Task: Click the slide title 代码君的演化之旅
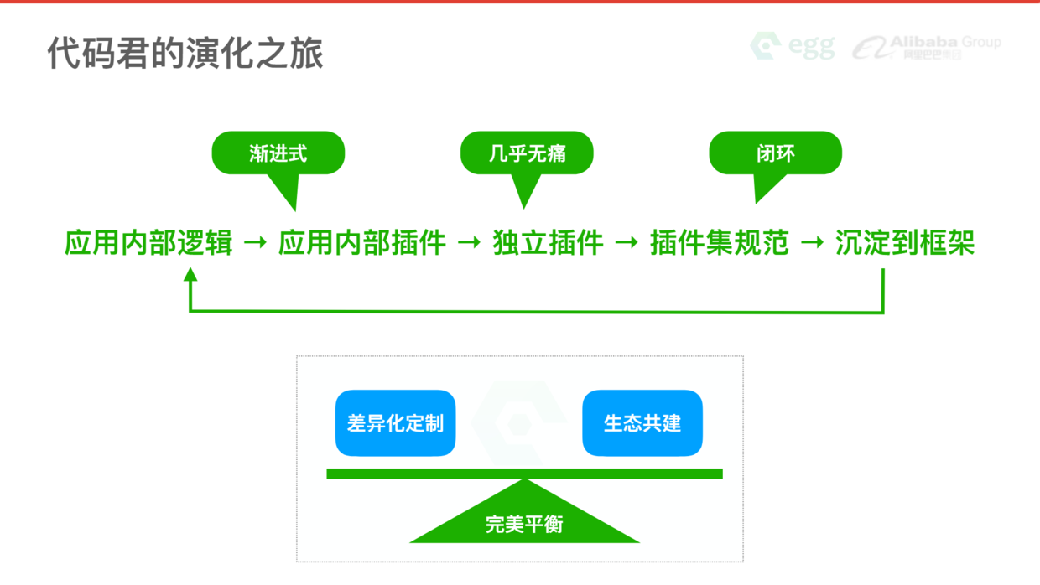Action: pos(185,52)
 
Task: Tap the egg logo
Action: pos(793,46)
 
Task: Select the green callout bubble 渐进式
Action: pos(278,153)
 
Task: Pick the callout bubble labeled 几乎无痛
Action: pos(527,153)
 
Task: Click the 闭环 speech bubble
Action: pos(775,153)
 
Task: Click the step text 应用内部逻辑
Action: pos(148,243)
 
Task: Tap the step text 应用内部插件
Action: pos(361,243)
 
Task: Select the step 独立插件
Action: pos(548,243)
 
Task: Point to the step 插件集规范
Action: pos(720,243)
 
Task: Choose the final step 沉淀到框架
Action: pos(905,243)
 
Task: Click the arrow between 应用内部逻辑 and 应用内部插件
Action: pos(255,243)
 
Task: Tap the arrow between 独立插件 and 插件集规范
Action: pos(627,243)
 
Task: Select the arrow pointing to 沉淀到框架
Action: pos(812,243)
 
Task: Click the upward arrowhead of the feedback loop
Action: pos(190,274)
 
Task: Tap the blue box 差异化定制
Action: pos(395,423)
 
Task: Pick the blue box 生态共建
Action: pos(642,423)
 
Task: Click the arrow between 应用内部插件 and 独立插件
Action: pos(469,243)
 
